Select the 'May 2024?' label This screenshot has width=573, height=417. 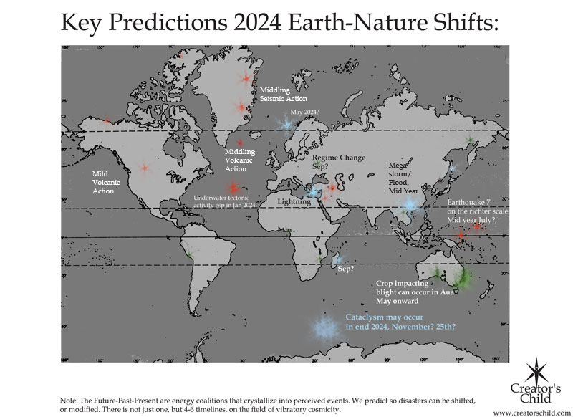[x=309, y=112]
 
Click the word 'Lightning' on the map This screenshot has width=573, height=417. [x=294, y=203]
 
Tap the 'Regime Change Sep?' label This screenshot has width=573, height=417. [x=340, y=161]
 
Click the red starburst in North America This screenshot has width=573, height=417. [x=144, y=168]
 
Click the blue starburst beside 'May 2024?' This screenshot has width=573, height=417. [x=286, y=124]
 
